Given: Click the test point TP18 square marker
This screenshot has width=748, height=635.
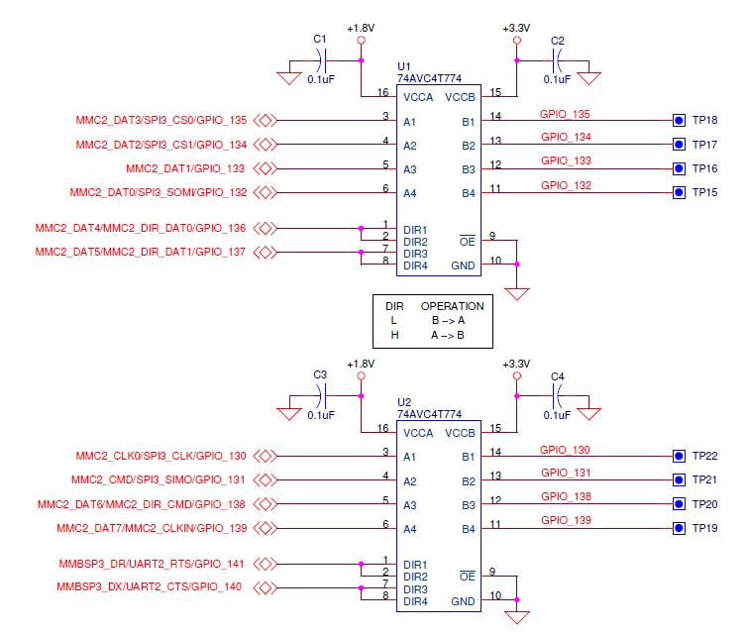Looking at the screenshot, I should (679, 121).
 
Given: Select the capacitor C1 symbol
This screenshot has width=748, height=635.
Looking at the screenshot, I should (320, 58).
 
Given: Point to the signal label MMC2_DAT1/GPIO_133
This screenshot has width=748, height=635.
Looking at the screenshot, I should (186, 168).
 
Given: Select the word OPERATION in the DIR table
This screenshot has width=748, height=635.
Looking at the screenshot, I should (452, 306).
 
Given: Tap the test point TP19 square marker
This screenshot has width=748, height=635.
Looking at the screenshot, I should (679, 528).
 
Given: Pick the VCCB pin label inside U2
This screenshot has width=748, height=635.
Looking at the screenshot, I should (461, 433).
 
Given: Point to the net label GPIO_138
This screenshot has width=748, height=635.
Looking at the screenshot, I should (566, 496).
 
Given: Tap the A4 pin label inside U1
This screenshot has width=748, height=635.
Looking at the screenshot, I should (410, 193).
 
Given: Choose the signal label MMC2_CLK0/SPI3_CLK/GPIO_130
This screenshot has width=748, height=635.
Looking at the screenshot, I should (160, 457).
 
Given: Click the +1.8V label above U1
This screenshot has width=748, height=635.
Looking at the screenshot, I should (361, 28).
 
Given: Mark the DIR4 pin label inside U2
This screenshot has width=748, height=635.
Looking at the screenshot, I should (414, 601).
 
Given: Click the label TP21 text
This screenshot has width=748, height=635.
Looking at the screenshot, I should (705, 480).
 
